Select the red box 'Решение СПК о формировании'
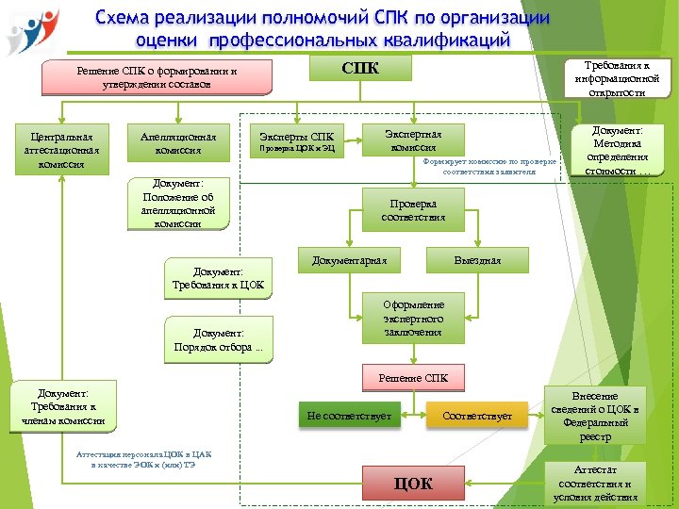[x=157, y=78]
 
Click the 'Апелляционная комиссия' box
[x=177, y=143]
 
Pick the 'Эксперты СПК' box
[x=296, y=140]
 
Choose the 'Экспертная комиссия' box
[x=413, y=140]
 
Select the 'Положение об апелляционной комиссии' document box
[x=178, y=204]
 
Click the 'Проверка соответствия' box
[x=413, y=210]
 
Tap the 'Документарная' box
[x=349, y=260]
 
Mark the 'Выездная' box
[x=477, y=260]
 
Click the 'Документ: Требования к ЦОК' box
[x=218, y=278]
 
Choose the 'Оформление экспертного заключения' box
[x=412, y=319]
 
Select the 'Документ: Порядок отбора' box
[x=218, y=340]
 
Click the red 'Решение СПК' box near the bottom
[x=413, y=378]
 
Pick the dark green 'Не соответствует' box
[x=348, y=416]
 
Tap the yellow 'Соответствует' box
[x=477, y=416]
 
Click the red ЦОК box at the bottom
[x=412, y=484]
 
